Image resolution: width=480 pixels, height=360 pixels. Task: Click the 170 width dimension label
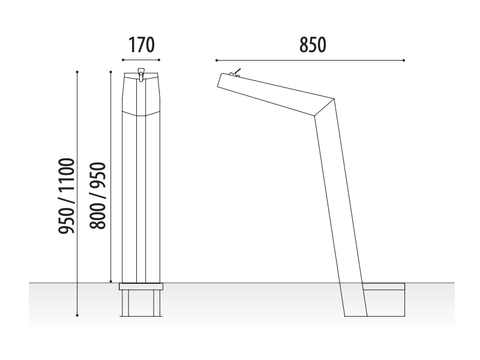142,45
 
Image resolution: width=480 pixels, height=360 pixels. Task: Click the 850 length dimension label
313,45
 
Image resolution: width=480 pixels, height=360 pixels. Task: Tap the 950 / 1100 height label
67,196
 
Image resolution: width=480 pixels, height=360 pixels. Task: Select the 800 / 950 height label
98,196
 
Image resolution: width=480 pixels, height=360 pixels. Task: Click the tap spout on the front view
141,74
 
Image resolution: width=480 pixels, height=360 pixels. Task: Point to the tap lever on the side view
236,73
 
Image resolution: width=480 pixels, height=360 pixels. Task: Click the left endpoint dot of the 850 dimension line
217,61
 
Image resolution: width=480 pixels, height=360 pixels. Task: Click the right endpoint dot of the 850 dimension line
404,61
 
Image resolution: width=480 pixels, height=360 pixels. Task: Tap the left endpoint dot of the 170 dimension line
123,60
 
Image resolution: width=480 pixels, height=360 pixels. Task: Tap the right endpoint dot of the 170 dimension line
159,60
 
